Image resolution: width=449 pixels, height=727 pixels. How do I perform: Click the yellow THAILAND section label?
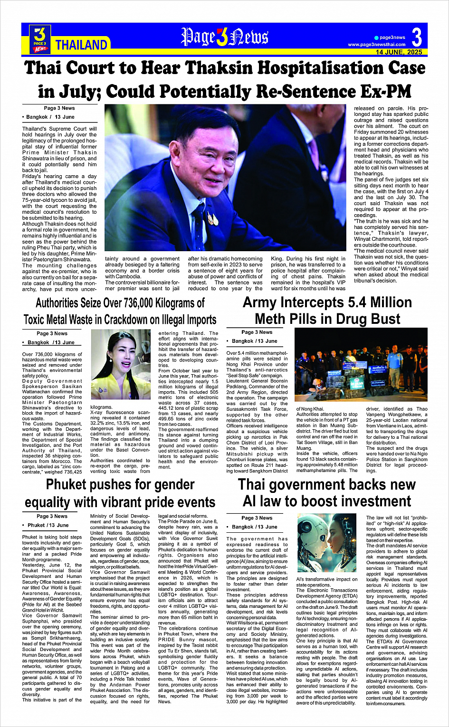tap(81, 45)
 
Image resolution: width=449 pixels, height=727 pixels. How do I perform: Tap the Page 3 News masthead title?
tap(225, 38)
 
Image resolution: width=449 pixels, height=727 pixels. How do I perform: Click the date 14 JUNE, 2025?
tap(399, 52)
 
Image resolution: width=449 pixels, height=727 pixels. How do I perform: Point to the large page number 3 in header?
tap(417, 37)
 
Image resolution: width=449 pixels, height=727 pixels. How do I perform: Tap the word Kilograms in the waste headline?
tap(176, 303)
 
